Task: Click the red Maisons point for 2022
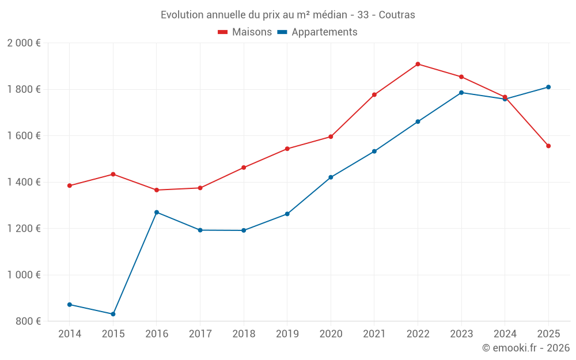(418, 64)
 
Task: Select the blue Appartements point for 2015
(113, 314)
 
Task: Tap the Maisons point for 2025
(548, 146)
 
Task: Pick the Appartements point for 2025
(548, 87)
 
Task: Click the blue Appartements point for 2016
(157, 213)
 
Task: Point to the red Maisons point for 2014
(70, 185)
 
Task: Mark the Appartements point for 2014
(70, 304)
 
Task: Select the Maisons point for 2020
(331, 137)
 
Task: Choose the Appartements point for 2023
(461, 93)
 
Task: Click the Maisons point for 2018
(244, 168)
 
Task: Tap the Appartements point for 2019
(287, 214)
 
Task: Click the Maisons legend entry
(245, 32)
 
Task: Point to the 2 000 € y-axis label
(24, 43)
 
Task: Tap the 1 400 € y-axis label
(24, 182)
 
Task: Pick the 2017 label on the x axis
(200, 334)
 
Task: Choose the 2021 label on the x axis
(374, 334)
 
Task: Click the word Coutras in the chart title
(397, 15)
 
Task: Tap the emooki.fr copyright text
(525, 348)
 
